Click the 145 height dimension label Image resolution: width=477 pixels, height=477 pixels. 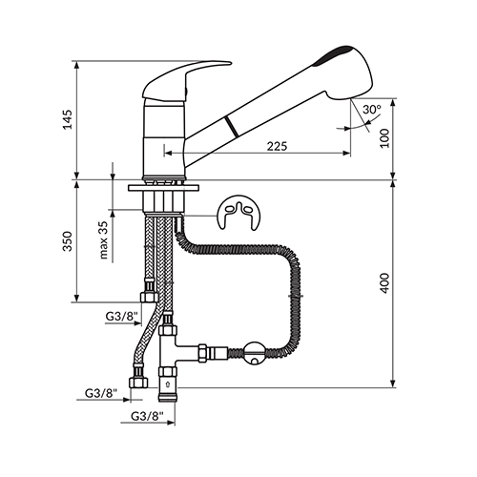point(68,119)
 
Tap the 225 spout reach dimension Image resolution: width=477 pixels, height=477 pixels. point(277,146)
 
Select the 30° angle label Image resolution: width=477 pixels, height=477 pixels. point(372,110)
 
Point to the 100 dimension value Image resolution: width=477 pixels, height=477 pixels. point(384,138)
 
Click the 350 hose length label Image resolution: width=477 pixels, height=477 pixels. point(68,241)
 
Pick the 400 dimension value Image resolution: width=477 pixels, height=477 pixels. point(384,283)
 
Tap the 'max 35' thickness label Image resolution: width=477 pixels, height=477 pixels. point(104,239)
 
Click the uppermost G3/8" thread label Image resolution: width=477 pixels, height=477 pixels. point(121,316)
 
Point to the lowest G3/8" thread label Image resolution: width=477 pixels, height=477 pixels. point(147,416)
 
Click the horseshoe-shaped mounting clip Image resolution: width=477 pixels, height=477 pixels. point(238,213)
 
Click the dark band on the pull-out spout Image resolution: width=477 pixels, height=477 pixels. point(231,127)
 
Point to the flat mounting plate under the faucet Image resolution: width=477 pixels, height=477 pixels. point(164,188)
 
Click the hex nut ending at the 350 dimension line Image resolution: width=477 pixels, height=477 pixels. point(149,297)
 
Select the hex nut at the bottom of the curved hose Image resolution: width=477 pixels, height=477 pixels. point(138,383)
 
